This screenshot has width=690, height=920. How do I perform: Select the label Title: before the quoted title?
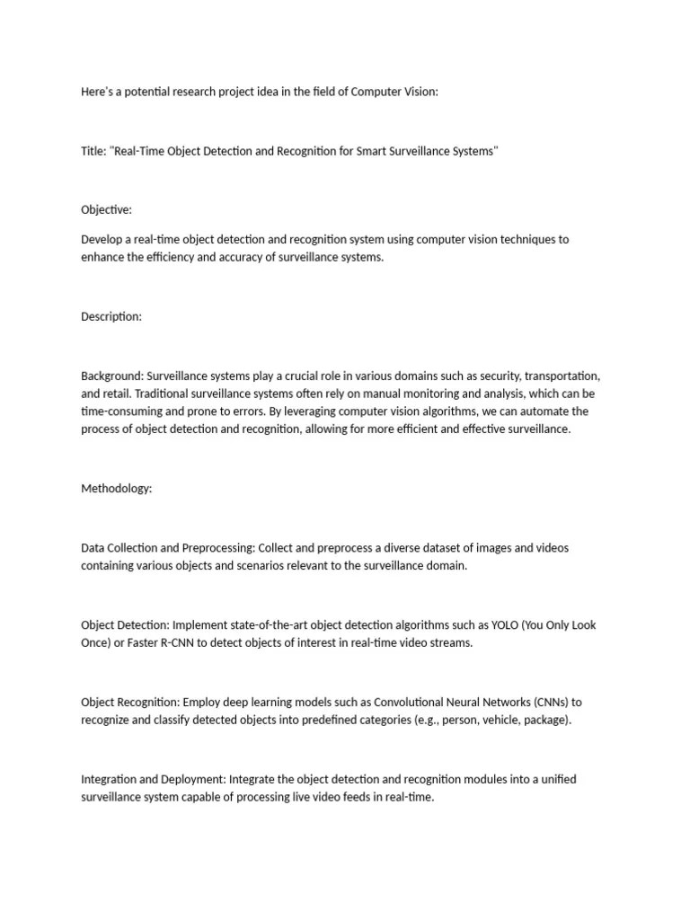click(x=93, y=151)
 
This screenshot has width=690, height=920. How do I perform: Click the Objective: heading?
click(x=106, y=209)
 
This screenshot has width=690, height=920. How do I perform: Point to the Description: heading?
click(x=111, y=316)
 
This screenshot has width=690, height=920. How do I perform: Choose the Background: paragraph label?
click(x=112, y=375)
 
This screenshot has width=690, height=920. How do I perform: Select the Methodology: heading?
click(x=117, y=489)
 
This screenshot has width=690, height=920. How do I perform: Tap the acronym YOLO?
click(x=500, y=625)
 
